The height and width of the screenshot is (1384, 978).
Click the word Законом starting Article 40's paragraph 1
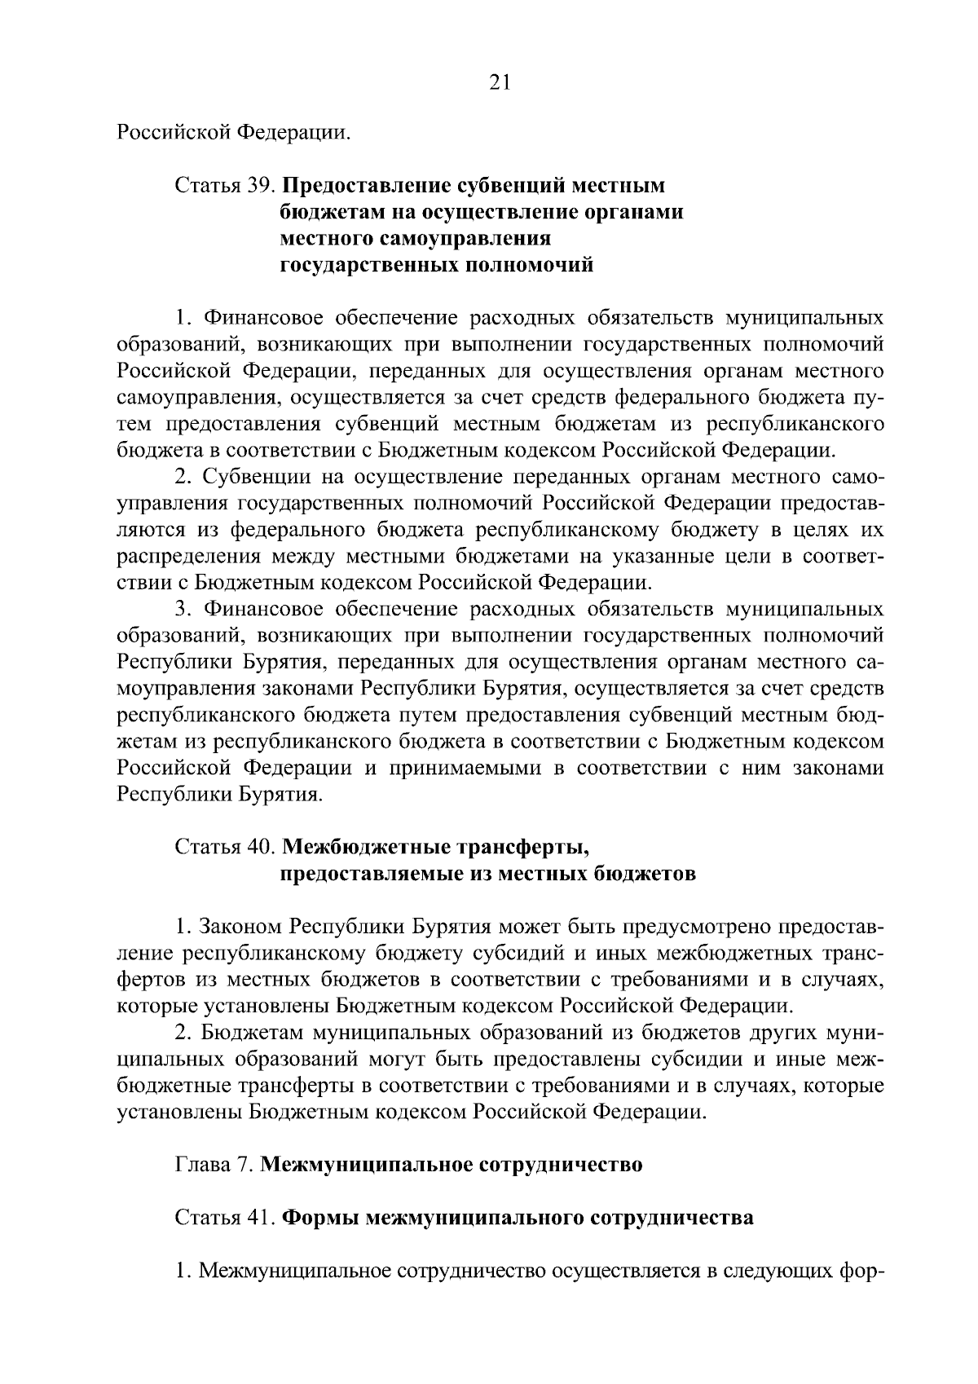click(242, 927)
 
